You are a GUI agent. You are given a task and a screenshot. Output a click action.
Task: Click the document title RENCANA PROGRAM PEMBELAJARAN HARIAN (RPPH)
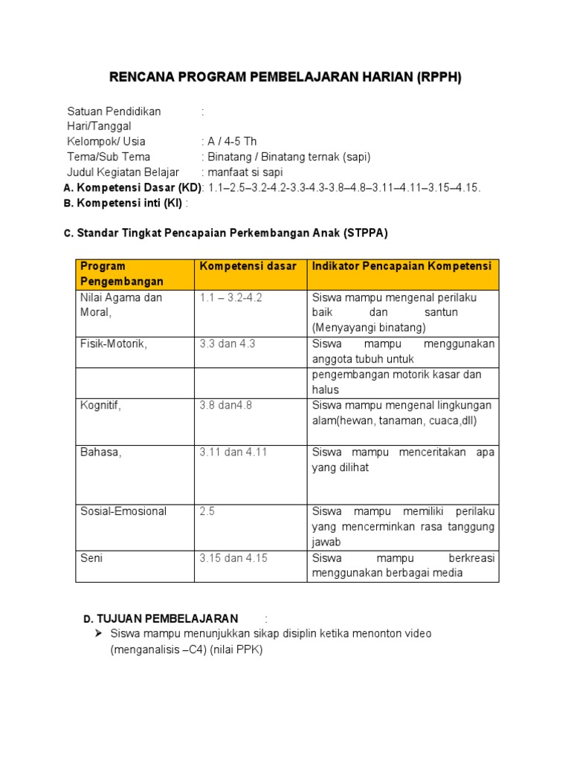click(x=285, y=78)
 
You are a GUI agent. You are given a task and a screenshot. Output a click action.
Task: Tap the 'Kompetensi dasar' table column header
click(x=248, y=266)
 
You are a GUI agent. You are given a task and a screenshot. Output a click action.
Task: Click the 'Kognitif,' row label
click(x=100, y=405)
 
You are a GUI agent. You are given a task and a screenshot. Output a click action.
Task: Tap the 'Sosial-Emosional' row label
click(x=123, y=511)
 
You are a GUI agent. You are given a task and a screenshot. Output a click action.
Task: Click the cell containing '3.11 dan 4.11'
click(x=233, y=452)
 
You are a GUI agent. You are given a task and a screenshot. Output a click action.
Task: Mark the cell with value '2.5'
click(x=207, y=511)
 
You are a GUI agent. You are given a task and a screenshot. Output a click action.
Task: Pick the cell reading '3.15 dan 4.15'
click(x=233, y=558)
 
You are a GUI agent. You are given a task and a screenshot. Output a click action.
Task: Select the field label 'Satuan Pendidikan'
click(x=114, y=111)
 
